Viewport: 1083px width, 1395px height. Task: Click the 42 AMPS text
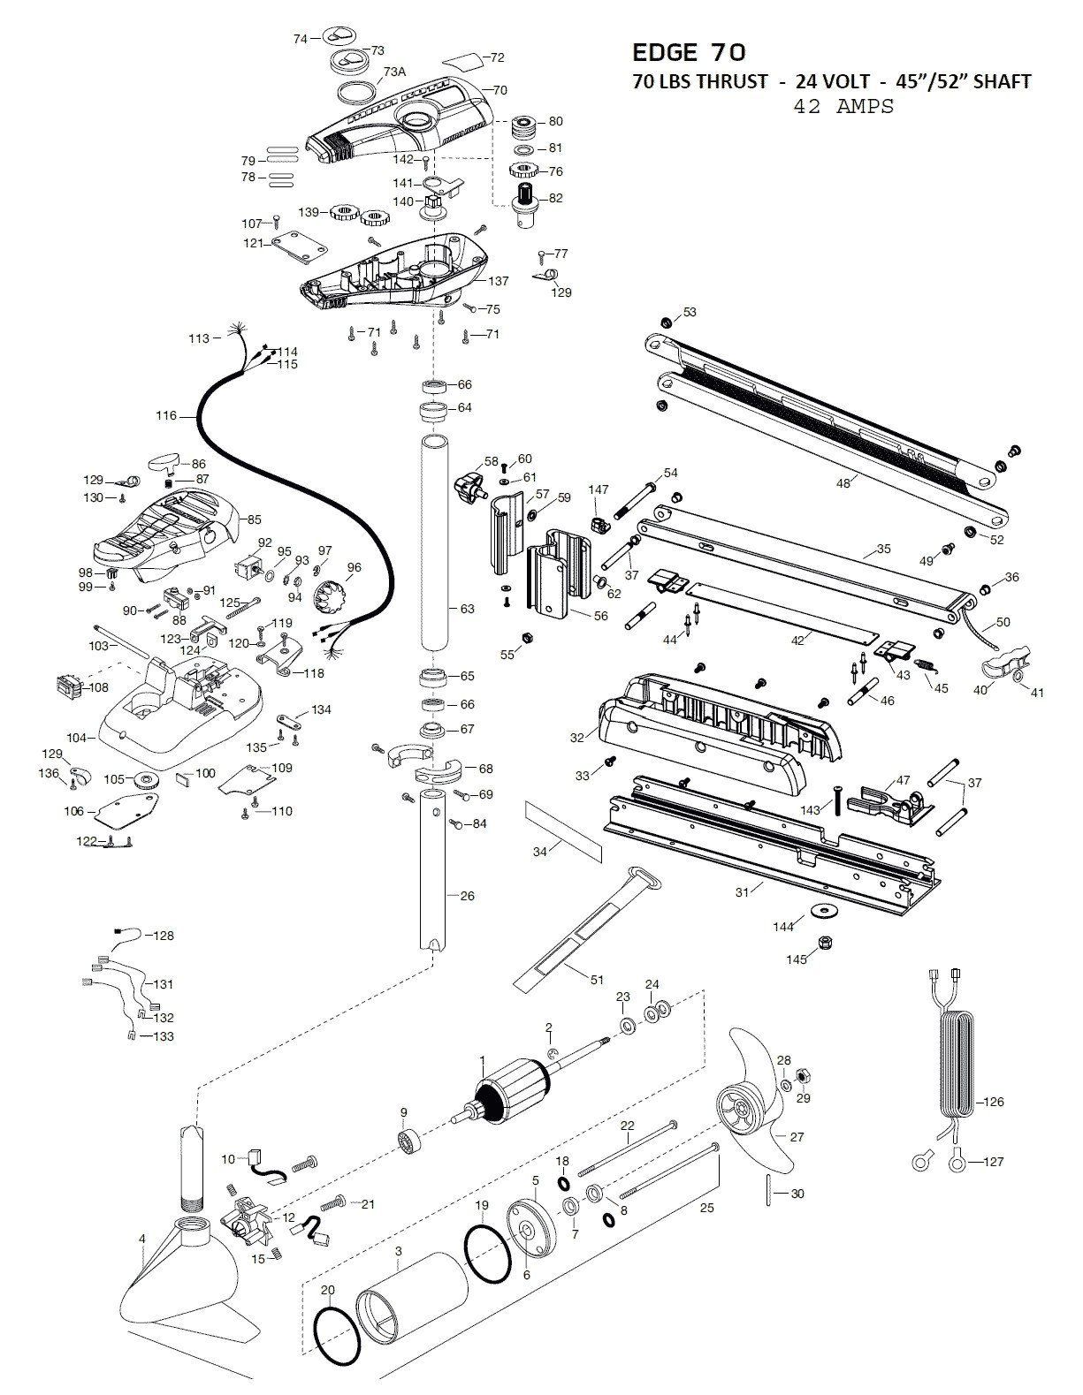coord(843,106)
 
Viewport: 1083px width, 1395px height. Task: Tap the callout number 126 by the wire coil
coord(993,1102)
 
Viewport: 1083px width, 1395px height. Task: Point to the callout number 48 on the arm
coord(843,482)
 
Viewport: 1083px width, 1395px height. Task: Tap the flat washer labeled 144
coord(826,909)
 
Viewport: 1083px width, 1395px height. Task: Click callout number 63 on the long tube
coord(467,609)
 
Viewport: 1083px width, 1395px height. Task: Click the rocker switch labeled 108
coord(72,686)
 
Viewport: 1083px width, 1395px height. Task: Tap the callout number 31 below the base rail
coord(742,892)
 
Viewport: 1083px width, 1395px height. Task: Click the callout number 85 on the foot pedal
coord(254,519)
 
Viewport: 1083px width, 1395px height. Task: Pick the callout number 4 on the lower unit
coord(141,1239)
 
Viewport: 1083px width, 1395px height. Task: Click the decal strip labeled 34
coord(562,830)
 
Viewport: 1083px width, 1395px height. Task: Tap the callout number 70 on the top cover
coord(500,90)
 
